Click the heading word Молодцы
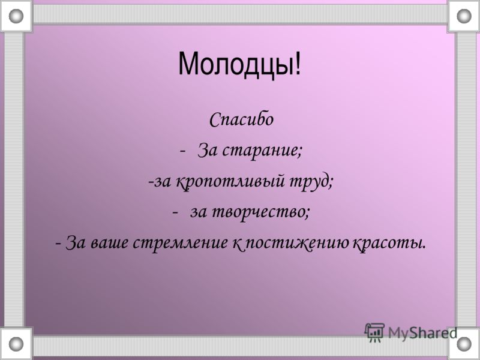[235, 65]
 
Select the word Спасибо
[241, 119]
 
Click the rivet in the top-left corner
[16, 16]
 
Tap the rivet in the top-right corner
[464, 16]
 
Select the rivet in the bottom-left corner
[16, 344]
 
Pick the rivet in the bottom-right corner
[464, 344]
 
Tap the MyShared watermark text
[423, 333]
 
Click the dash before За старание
[183, 151]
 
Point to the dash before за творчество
[175, 212]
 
